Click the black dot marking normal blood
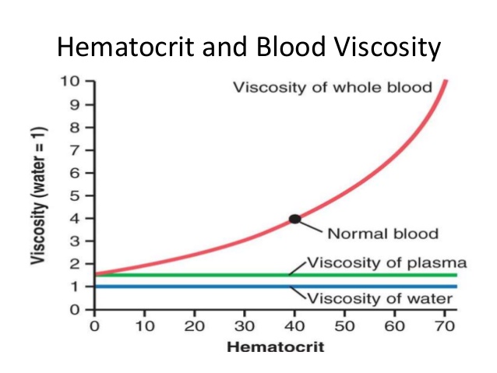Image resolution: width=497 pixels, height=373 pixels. pyautogui.click(x=295, y=219)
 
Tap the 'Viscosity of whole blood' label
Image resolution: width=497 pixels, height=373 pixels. pyautogui.click(x=333, y=87)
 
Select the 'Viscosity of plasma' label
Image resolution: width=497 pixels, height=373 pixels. pyautogui.click(x=386, y=262)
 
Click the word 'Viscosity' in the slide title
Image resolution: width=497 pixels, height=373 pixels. pyautogui.click(x=384, y=48)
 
